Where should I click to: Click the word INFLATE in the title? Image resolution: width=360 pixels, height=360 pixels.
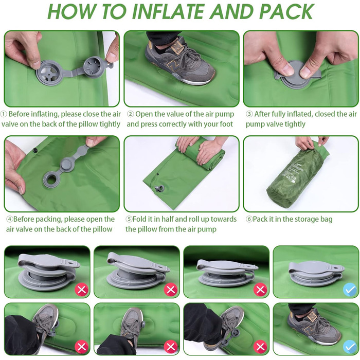168,11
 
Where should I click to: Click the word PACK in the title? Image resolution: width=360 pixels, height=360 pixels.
286,11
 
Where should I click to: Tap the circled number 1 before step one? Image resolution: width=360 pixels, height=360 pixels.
4,114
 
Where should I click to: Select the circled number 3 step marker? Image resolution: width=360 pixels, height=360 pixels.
249,114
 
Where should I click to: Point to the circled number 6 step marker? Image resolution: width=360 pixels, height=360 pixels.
249,219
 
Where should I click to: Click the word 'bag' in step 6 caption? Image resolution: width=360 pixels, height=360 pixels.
326,220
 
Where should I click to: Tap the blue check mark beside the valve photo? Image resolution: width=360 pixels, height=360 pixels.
350,290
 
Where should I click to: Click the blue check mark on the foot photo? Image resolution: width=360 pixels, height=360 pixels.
350,347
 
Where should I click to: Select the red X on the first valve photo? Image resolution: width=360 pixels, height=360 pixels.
81,290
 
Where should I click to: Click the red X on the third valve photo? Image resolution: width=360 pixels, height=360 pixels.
260,290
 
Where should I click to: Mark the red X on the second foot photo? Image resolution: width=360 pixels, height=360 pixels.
171,347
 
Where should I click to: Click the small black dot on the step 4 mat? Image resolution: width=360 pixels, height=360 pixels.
35,151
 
